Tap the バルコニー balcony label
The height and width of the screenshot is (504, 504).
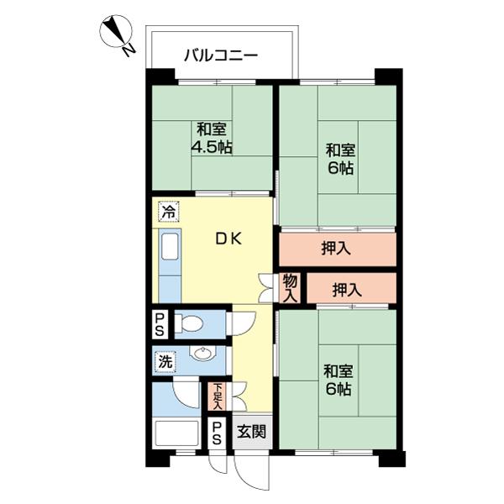click(221, 57)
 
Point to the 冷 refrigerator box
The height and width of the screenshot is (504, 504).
click(168, 213)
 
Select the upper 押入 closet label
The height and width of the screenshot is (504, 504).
click(336, 249)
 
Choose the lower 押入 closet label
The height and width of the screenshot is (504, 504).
click(347, 291)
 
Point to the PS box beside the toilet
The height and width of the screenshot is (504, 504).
click(160, 323)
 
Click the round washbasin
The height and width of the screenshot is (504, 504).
click(202, 354)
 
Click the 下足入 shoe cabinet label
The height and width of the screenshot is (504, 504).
click(218, 396)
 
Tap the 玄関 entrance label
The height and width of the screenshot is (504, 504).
click(250, 433)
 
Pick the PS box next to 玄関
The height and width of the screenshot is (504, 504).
click(217, 433)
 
